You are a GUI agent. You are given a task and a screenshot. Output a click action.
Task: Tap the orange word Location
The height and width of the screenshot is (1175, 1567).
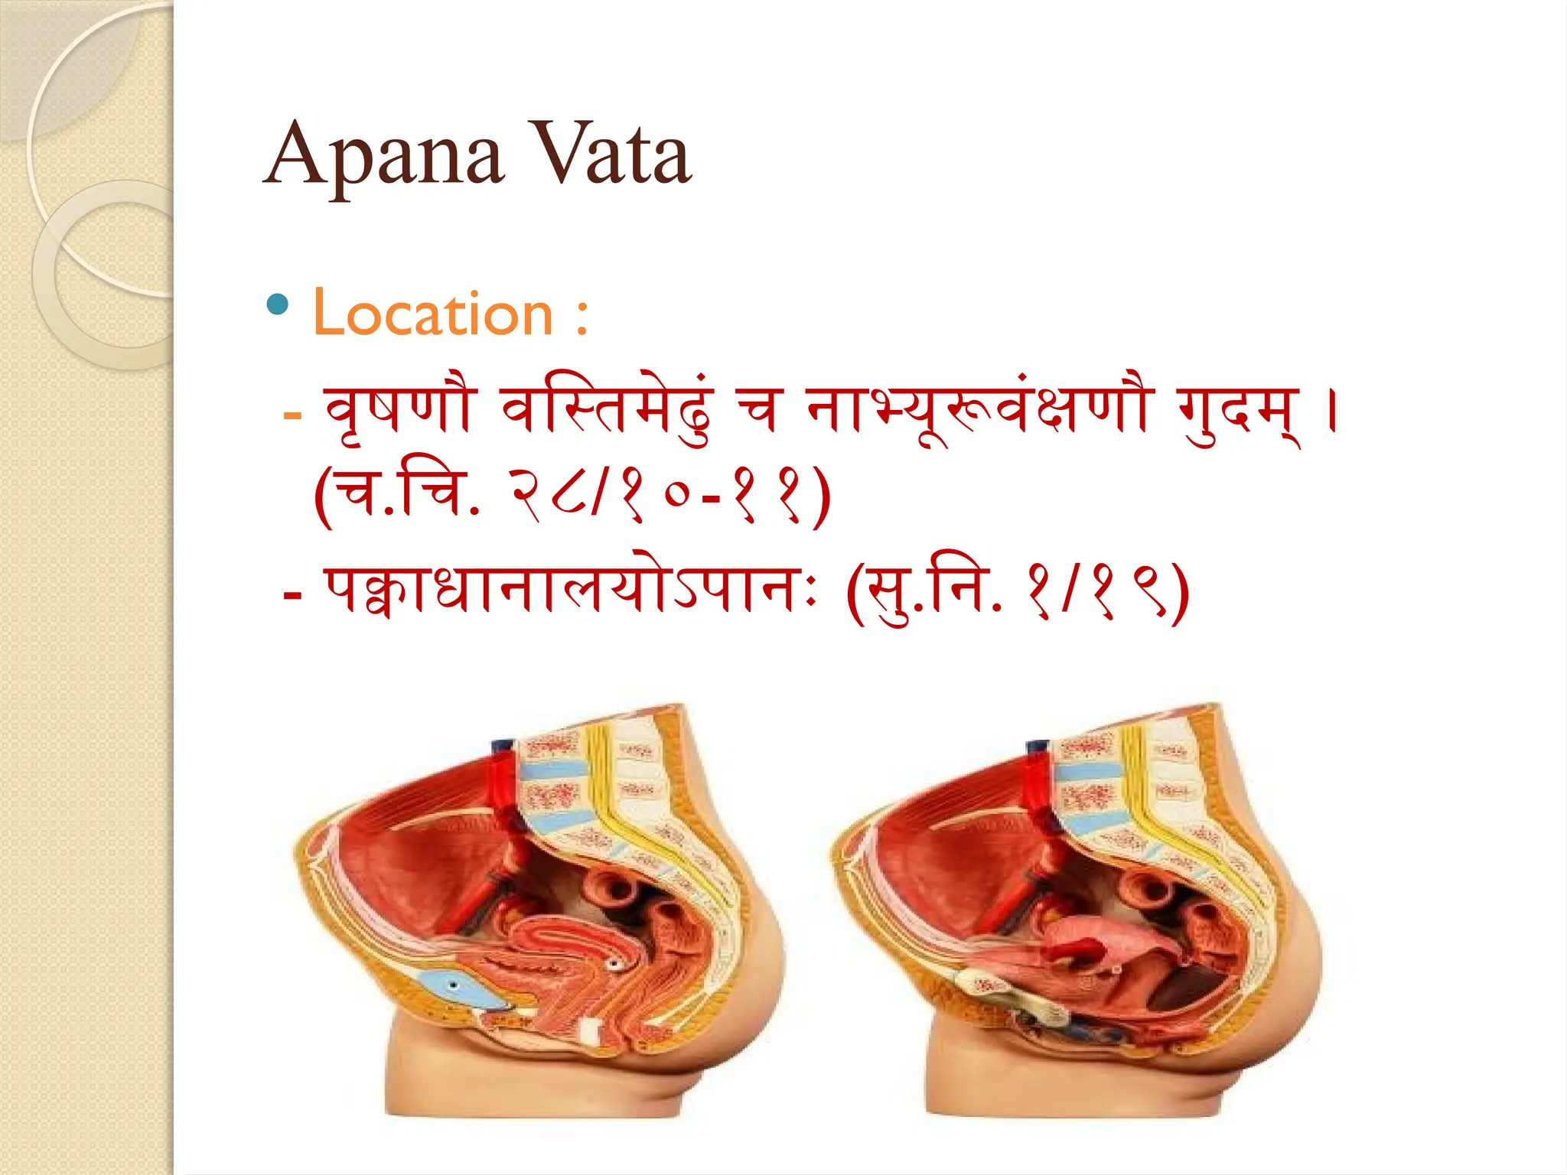tap(433, 314)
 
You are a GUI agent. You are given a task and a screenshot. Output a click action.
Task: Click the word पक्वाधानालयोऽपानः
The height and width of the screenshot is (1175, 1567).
tap(571, 594)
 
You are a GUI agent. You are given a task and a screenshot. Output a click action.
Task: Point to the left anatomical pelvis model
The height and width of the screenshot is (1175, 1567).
tap(539, 910)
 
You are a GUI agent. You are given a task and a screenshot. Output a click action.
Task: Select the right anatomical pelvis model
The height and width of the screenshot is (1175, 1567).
tap(1075, 910)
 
